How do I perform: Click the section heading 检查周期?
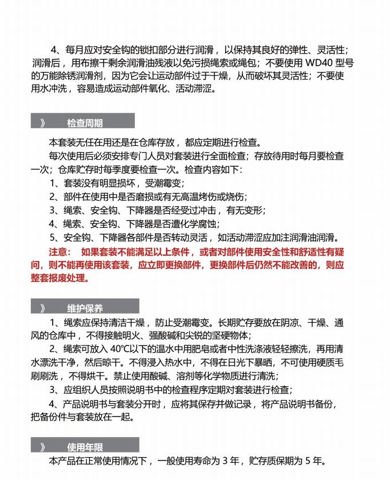click(85, 123)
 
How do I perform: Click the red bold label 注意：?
click(60, 252)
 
